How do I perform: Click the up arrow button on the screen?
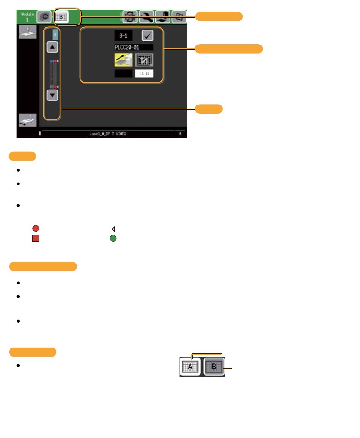53,46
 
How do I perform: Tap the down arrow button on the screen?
53,95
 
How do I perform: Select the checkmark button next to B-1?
147,35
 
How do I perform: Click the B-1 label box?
123,35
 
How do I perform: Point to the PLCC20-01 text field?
134,47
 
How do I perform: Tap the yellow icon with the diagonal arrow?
123,60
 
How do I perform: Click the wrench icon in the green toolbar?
146,17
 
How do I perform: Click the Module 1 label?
26,17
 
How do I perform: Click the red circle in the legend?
35,229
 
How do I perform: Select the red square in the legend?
35,238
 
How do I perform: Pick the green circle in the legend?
113,238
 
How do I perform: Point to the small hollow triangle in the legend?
113,229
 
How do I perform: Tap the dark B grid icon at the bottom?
214,366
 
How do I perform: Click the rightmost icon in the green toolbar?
180,17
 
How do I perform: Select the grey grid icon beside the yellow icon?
145,60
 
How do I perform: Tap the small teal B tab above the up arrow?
55,35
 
